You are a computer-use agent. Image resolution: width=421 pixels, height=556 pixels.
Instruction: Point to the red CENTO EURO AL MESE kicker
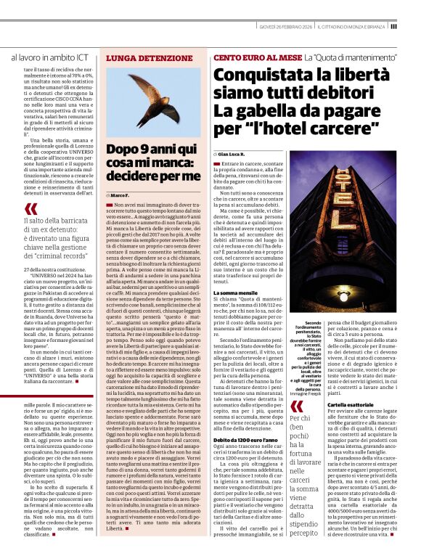coord(256,57)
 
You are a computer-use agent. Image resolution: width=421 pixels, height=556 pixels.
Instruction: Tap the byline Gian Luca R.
coord(233,155)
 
